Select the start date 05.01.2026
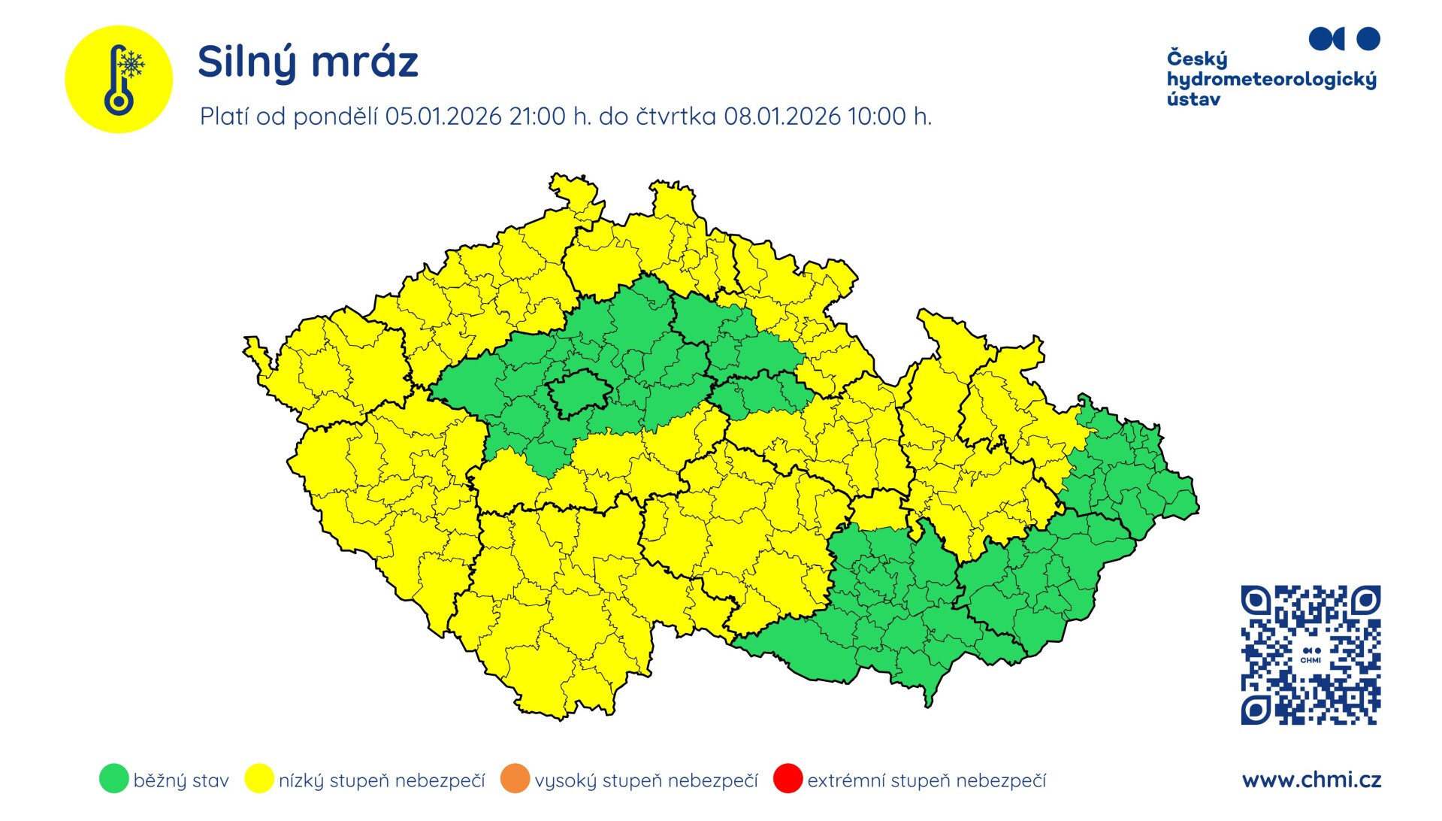pos(443,117)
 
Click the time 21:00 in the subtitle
pos(537,117)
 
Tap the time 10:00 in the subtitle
pos(876,117)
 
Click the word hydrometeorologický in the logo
pos(1271,80)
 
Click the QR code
pos(1310,655)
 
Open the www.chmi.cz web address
pos(1311,780)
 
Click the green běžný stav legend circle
pos(113,779)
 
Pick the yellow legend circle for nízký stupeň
pos(258,779)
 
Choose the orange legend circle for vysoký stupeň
pos(515,779)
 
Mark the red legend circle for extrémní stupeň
pos(788,779)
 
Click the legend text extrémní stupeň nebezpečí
pos(926,780)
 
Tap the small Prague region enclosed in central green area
pos(579,392)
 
